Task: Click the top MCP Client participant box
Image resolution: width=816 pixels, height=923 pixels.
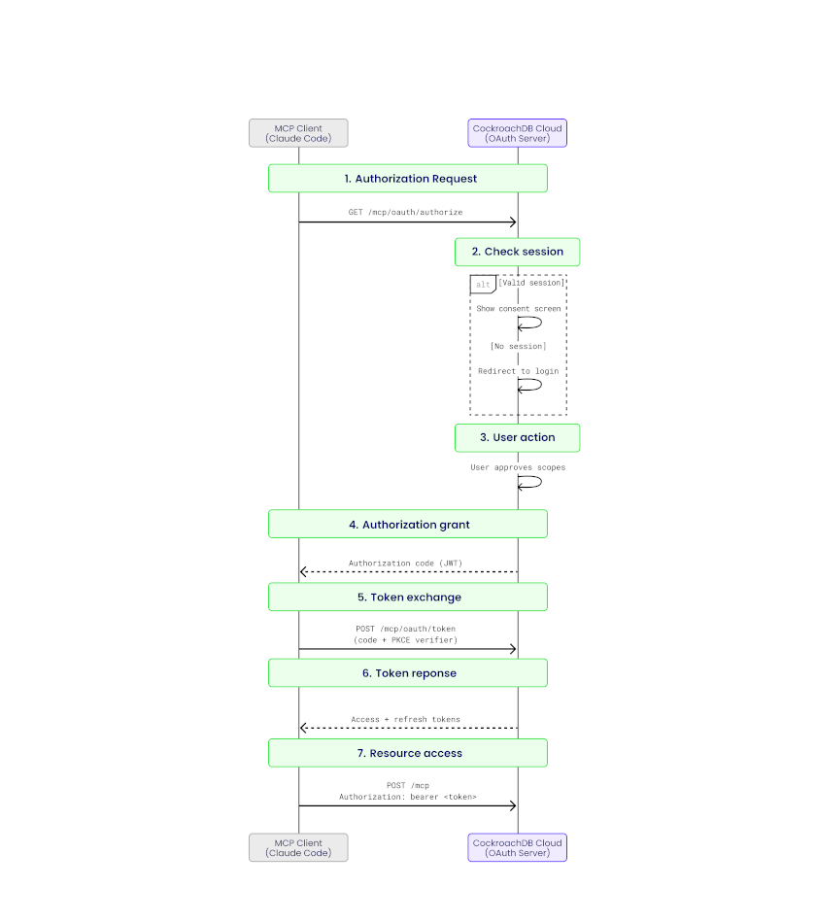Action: (298, 133)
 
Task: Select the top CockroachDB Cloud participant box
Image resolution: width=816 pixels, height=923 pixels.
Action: (517, 133)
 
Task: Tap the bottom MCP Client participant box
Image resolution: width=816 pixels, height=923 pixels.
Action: (298, 847)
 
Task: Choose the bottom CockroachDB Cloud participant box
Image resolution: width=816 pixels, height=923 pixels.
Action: (517, 847)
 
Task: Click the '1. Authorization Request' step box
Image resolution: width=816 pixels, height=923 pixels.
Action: (408, 179)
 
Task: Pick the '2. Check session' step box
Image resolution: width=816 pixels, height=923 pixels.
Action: (517, 252)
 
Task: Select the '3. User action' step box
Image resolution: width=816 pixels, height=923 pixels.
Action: (517, 437)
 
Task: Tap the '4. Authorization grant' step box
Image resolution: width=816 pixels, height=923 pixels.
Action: (408, 525)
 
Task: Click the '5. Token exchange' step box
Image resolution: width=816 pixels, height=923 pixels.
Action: (408, 598)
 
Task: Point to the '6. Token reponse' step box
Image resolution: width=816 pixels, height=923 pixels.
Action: (408, 673)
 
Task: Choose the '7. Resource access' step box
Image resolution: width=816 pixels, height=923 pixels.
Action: (408, 753)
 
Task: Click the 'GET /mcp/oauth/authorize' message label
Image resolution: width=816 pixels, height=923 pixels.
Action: (405, 212)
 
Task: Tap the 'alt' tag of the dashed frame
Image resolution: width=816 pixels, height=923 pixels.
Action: (483, 284)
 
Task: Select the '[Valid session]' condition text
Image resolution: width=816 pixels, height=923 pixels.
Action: (531, 283)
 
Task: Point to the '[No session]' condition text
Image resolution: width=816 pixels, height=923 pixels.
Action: (517, 346)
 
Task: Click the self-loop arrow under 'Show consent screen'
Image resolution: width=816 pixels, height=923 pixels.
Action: (530, 324)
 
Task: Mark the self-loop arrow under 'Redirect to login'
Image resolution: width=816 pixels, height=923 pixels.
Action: (530, 386)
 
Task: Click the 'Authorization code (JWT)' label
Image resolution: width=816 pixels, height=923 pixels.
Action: (405, 564)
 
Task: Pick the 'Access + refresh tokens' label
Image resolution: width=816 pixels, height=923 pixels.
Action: (405, 720)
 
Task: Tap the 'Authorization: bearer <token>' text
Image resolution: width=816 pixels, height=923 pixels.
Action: (407, 797)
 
